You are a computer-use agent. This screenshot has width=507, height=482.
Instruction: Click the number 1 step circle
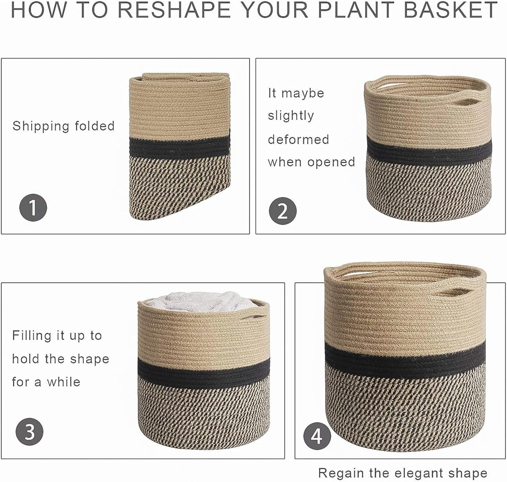point(33,207)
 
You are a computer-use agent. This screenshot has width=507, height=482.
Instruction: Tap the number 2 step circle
point(283,211)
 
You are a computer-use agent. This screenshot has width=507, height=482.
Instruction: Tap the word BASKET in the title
point(450,10)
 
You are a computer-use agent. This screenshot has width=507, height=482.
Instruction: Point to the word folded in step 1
point(95,126)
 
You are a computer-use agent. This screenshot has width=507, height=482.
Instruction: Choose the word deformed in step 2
point(298,139)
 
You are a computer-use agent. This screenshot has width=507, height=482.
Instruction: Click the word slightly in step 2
point(291,116)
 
